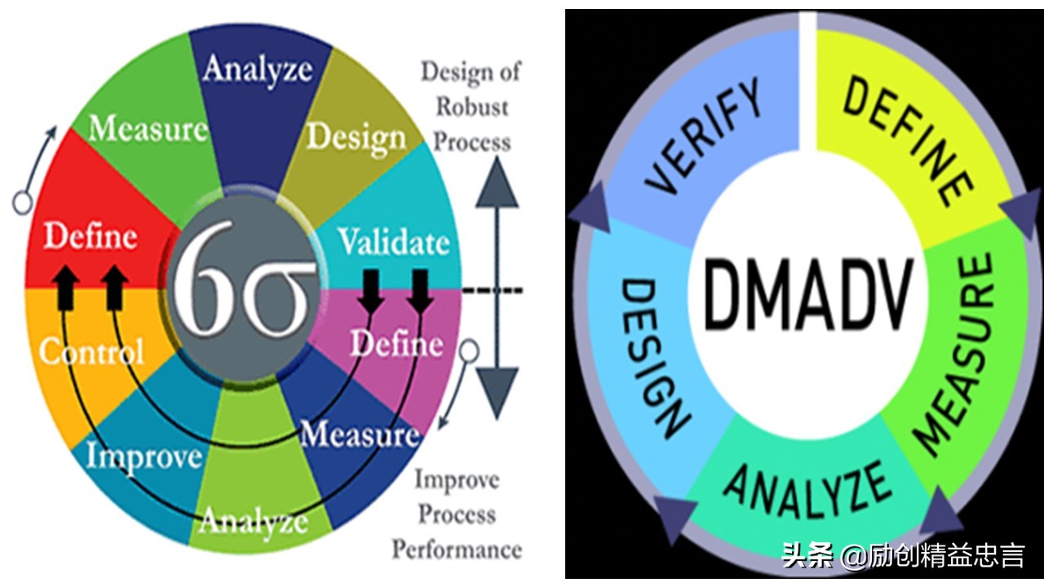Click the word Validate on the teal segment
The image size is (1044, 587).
[393, 243]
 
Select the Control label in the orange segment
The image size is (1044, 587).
[91, 352]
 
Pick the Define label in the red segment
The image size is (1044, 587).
[90, 236]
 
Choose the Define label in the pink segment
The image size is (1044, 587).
[396, 344]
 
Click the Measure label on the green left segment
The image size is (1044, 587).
[148, 129]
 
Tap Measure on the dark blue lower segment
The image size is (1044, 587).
[359, 434]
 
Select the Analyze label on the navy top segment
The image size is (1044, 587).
[258, 68]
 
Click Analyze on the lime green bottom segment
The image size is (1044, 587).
[254, 520]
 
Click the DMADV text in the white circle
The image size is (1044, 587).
[807, 295]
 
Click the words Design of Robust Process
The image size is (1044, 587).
[471, 106]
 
